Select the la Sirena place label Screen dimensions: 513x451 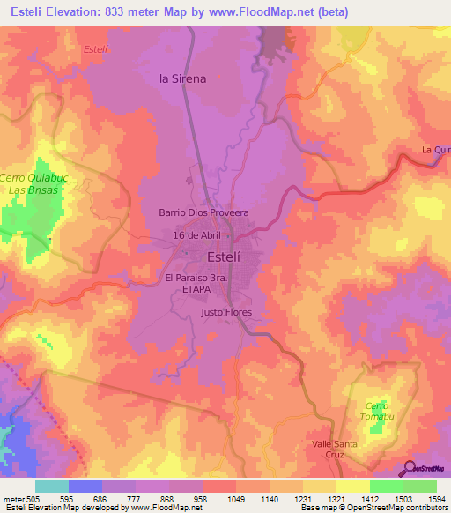[182, 78]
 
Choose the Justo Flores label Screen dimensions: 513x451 [226, 313]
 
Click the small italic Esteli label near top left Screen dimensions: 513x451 [93, 49]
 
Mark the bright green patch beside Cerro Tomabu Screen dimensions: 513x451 [379, 427]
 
